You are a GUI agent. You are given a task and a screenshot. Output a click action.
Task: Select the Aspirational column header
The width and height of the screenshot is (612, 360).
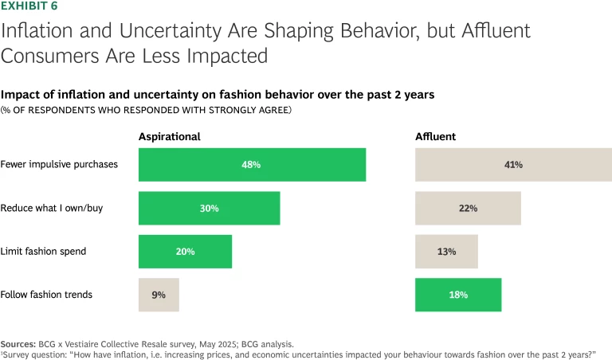point(169,136)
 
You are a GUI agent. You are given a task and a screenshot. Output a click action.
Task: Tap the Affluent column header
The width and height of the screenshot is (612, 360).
point(435,136)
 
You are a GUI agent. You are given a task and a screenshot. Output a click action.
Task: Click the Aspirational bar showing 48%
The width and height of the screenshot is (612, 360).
point(252,165)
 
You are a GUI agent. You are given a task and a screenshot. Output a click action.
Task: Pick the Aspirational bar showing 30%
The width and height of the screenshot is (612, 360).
point(209,208)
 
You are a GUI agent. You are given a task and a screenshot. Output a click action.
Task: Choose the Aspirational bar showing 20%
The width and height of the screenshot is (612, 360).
point(185,251)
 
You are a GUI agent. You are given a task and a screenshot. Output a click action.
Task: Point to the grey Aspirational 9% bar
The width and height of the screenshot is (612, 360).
point(159,295)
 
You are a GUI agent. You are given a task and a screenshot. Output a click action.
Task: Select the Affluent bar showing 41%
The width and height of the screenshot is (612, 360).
point(513,165)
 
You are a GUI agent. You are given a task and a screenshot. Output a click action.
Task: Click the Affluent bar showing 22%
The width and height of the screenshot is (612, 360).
point(468,208)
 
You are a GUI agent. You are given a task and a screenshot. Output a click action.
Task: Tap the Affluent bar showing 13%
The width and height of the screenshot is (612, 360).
point(446,251)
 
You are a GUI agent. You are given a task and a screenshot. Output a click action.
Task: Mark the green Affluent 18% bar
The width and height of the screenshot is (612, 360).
point(458,295)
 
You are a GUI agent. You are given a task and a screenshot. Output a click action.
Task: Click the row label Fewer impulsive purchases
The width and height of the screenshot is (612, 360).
point(59,165)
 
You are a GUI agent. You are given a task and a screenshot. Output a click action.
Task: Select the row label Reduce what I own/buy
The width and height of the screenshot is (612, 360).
point(52,208)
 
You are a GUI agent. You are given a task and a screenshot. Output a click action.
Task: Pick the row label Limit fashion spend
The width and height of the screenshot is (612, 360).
point(43,251)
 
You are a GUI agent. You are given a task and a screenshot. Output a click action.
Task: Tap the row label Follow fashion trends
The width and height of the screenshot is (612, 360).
point(46,295)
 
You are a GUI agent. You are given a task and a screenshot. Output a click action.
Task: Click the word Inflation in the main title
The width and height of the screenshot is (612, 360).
point(35,32)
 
